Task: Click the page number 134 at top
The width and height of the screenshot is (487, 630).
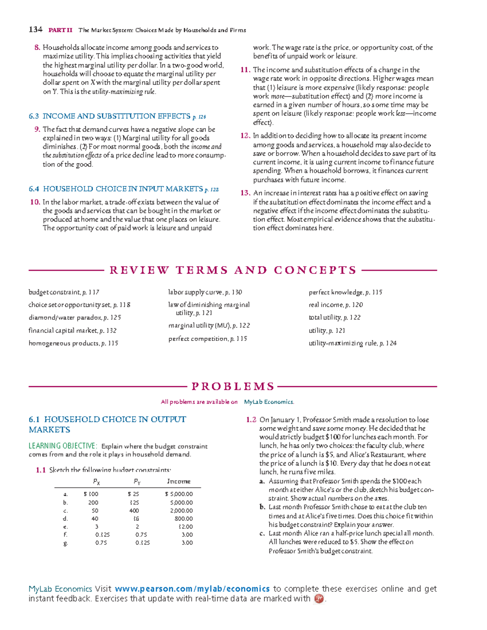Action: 35,30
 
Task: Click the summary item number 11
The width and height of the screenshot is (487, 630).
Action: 245,70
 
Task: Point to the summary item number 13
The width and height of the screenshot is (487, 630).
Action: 245,193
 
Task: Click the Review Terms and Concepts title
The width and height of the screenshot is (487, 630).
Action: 233,270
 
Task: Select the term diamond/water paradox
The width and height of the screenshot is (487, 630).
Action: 75,318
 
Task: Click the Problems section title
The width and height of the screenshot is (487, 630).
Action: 233,387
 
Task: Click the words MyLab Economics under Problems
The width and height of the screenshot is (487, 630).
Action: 269,402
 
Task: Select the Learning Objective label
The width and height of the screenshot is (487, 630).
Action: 63,446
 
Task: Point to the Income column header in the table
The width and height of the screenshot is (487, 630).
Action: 179,482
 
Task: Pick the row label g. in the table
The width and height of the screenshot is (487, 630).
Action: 66,543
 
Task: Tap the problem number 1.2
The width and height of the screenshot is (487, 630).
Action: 251,420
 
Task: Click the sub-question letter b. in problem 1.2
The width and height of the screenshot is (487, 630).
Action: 263,507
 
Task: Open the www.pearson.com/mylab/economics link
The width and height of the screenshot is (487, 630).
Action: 192,589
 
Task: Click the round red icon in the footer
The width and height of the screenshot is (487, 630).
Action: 319,599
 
